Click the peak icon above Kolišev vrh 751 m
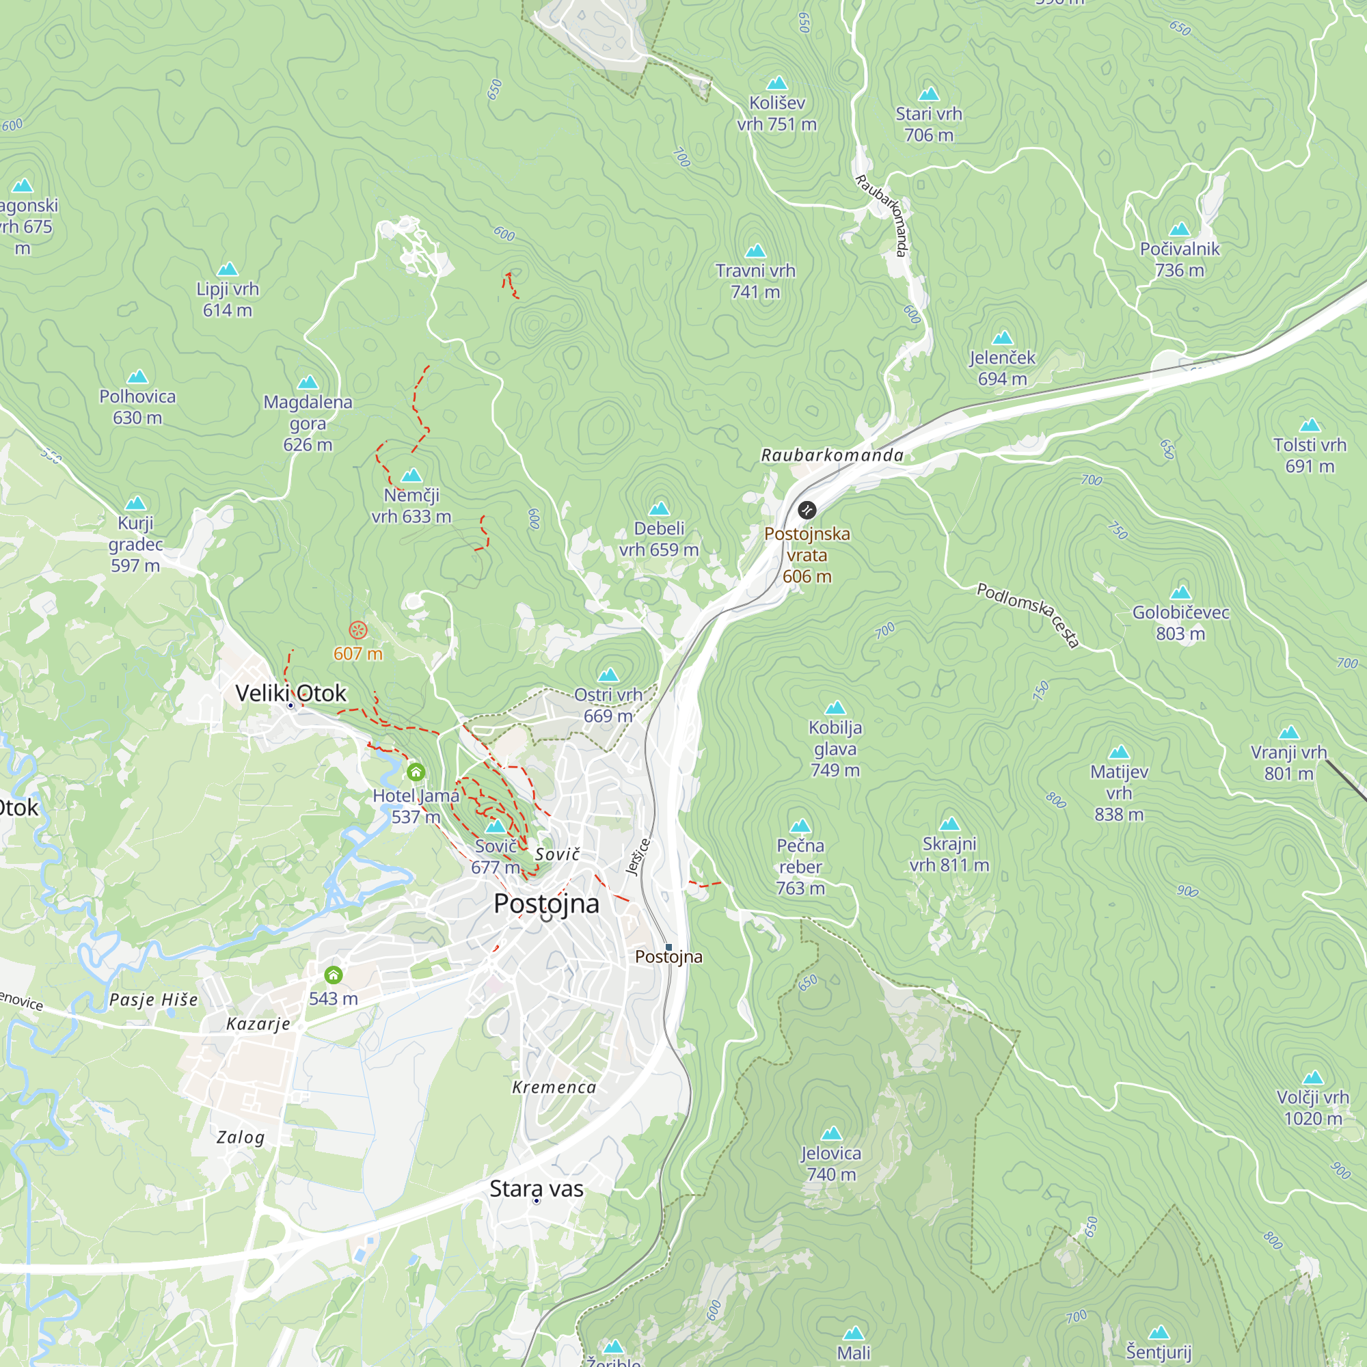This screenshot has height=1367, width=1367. click(777, 83)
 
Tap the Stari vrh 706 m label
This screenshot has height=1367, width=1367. click(928, 124)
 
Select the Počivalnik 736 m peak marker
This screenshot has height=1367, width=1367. click(1179, 229)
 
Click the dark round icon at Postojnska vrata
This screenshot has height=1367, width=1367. click(807, 509)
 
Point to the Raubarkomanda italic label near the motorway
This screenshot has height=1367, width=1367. click(832, 455)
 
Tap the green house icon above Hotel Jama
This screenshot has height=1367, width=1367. click(416, 772)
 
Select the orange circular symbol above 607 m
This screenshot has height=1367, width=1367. click(358, 630)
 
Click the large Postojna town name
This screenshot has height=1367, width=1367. click(546, 904)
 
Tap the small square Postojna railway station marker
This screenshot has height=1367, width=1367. click(668, 947)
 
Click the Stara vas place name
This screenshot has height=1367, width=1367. click(537, 1189)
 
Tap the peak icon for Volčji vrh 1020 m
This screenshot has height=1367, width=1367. click(1313, 1078)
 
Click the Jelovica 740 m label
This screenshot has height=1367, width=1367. click(830, 1164)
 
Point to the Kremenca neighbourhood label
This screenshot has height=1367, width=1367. click(554, 1087)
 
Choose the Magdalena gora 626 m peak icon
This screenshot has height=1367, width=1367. click(308, 383)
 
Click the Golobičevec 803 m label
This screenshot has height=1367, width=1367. click(1180, 623)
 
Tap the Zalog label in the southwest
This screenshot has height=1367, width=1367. click(241, 1137)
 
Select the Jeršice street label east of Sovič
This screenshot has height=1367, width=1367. click(638, 857)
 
